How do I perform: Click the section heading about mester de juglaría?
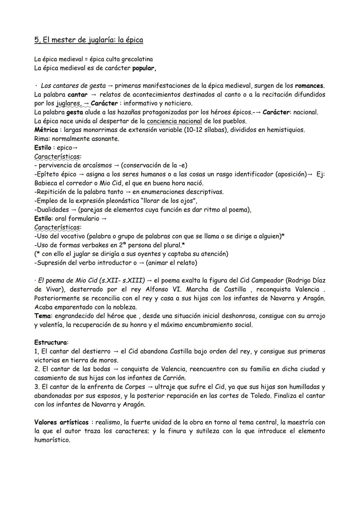[x=89, y=40]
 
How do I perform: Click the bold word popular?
[x=144, y=68]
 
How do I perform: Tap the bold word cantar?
[x=77, y=95]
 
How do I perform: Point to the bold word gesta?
[x=75, y=112]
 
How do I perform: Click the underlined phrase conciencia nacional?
[x=174, y=121]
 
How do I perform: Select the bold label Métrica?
[x=46, y=130]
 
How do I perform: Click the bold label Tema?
[x=43, y=316]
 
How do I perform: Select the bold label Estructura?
[x=51, y=342]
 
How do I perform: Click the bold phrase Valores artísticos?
[x=61, y=422]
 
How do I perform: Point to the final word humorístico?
[x=52, y=440]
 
